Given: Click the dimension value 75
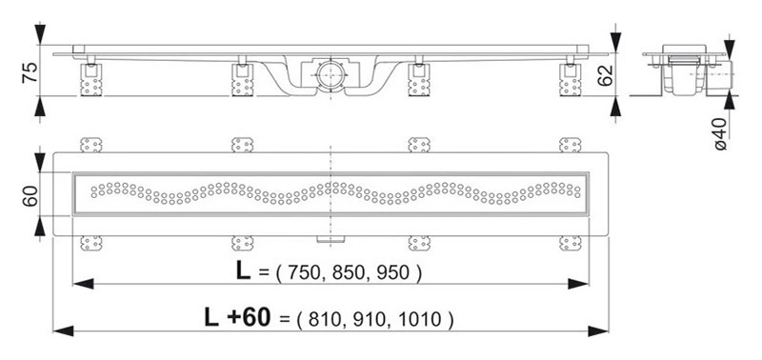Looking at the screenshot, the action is (x=30, y=72).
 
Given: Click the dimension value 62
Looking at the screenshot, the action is (x=605, y=75).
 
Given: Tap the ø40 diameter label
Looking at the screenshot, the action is (x=721, y=133).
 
